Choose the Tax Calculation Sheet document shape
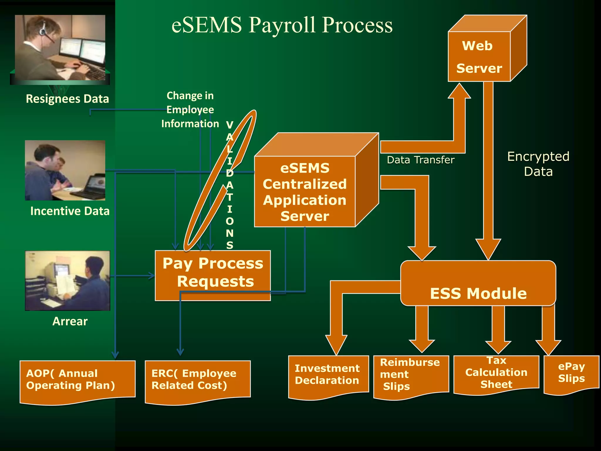point(496,373)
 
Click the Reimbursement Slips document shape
point(411,374)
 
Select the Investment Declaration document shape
point(327,374)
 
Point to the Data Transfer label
point(421,160)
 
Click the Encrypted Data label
point(538,164)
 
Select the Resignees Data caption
point(67,99)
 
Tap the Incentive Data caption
point(70,211)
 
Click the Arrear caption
point(70,321)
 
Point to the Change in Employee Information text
point(190,110)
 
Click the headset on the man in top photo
point(44,29)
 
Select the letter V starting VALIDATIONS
point(229,125)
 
